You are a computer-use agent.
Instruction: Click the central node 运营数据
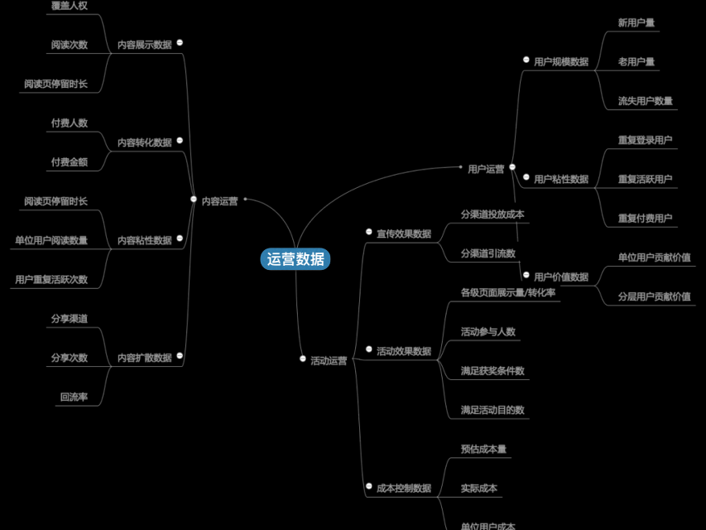[x=295, y=258]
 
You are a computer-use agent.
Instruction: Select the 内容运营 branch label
[x=219, y=200]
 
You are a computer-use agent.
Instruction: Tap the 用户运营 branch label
[x=486, y=169]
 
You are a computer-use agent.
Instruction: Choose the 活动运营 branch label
[x=329, y=360]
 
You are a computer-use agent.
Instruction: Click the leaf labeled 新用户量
[x=636, y=22]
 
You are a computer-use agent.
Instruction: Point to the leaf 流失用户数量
[x=645, y=101]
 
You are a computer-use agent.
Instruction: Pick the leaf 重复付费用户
[x=645, y=219]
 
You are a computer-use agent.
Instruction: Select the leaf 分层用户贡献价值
[x=654, y=296]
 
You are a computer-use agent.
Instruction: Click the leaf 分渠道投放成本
[x=492, y=214]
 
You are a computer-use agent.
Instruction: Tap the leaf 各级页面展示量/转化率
[x=508, y=292]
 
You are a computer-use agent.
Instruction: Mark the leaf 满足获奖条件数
[x=492, y=370]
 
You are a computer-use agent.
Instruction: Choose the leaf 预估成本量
[x=483, y=449]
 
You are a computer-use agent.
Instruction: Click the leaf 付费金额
[x=69, y=161]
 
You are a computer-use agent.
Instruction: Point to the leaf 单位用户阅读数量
[x=50, y=240]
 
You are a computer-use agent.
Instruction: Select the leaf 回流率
[x=74, y=397]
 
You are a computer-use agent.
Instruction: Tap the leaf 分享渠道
[x=69, y=318]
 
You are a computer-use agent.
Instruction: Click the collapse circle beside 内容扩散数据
[x=180, y=356]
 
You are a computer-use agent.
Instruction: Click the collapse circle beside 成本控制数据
[x=369, y=486]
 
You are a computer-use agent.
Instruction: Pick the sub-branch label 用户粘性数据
[x=560, y=179]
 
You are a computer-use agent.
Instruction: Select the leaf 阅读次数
[x=69, y=45]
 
